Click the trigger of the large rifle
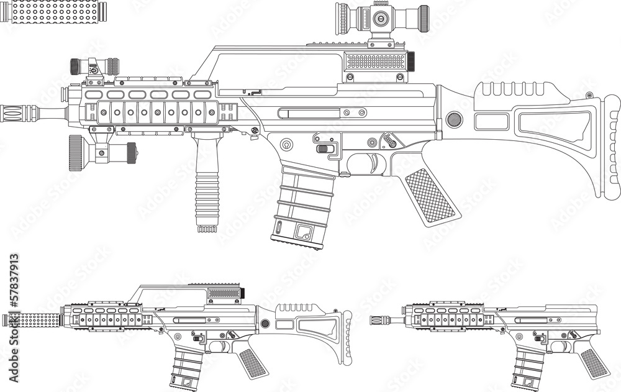tap(374, 163)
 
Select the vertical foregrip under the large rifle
tap(206, 183)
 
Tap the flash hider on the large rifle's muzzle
tap(19, 113)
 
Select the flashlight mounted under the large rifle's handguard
tap(102, 150)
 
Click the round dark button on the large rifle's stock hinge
tap(455, 119)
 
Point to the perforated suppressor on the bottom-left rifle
tap(34, 321)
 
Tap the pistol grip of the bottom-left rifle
tap(253, 362)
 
